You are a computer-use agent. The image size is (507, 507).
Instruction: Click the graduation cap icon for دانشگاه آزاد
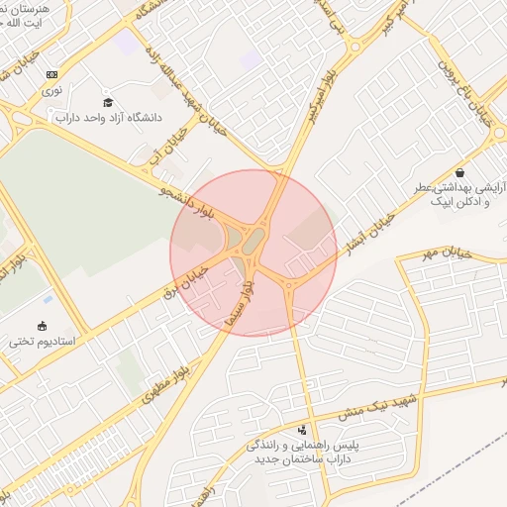(x=108, y=102)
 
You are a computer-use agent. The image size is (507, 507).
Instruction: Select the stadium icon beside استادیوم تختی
(x=42, y=326)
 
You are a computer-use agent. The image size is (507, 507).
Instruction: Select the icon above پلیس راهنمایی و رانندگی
(x=301, y=431)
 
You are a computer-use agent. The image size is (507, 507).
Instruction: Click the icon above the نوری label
(x=51, y=74)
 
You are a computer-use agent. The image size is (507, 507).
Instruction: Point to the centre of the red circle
(x=253, y=253)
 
